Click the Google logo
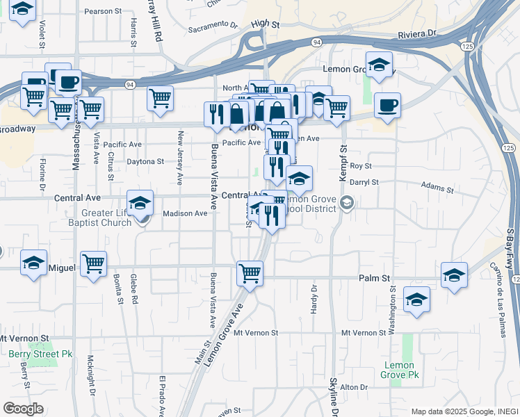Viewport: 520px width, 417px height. (24, 409)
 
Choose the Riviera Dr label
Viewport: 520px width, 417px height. (417, 33)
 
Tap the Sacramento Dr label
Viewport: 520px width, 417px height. (213, 27)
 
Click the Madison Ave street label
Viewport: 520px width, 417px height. (185, 213)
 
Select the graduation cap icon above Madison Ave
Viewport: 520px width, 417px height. (140, 202)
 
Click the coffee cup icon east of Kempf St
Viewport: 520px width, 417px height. (387, 105)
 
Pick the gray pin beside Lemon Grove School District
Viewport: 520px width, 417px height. (348, 203)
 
